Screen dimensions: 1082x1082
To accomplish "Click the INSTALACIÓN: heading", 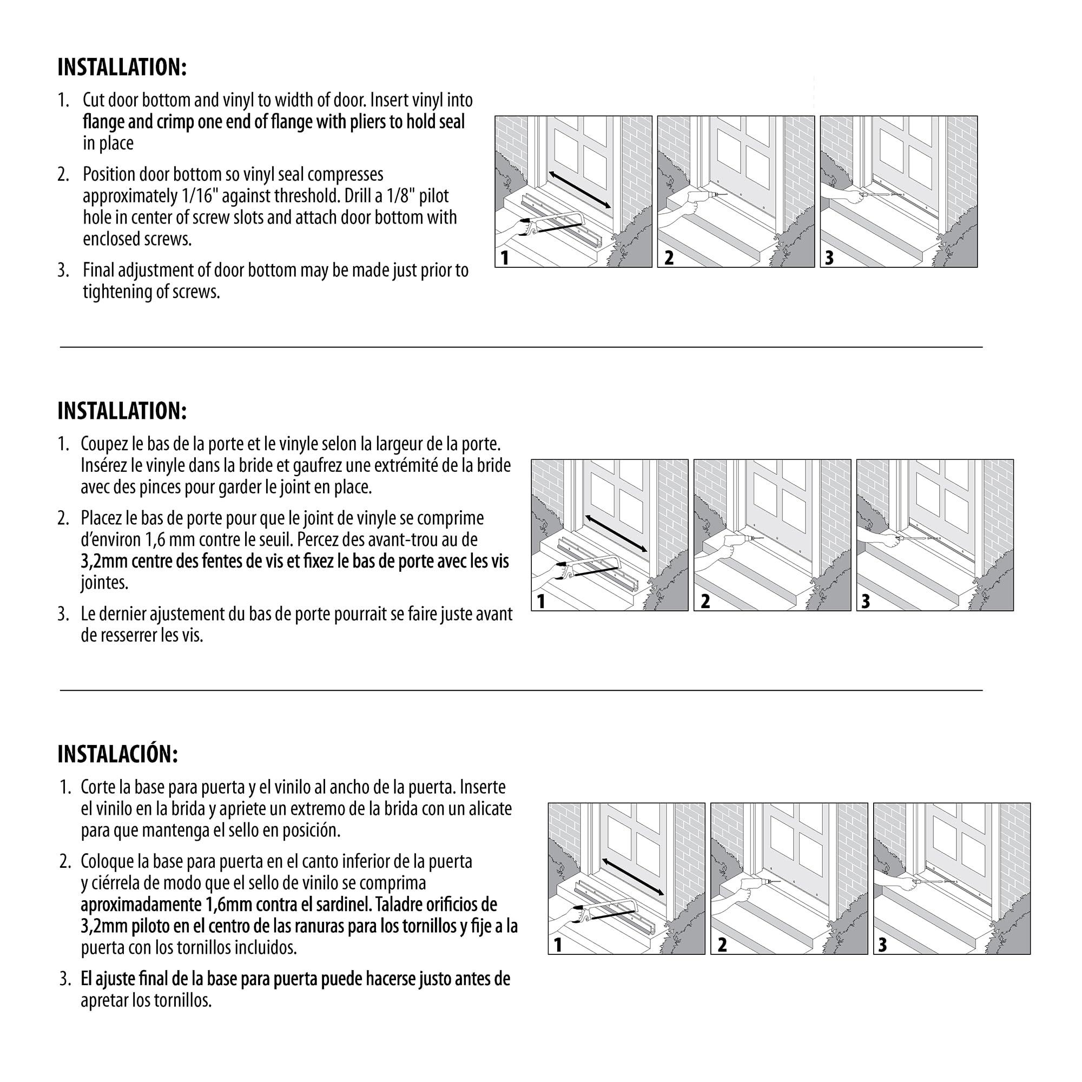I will coord(117,754).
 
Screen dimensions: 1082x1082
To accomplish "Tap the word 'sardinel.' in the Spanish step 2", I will coord(338,904).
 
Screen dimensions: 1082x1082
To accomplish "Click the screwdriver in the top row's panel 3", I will coord(879,195).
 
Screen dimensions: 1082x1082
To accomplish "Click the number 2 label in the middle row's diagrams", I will coord(705,601).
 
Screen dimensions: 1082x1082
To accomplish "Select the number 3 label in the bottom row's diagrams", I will coord(882,945).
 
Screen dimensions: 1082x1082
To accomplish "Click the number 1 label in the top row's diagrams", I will coord(505,258).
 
